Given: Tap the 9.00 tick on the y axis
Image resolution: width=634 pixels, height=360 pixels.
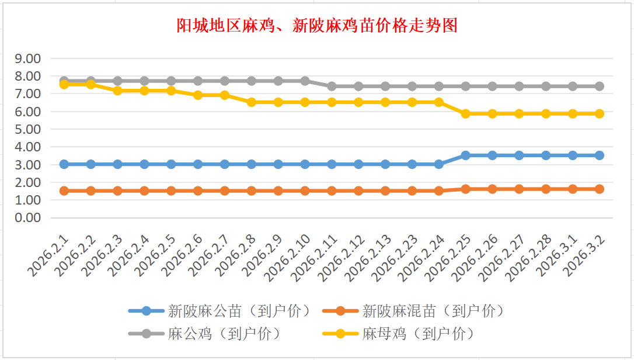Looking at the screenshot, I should click(x=28, y=58).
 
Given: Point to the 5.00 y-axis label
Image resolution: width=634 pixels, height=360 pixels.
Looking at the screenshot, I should click(x=28, y=129).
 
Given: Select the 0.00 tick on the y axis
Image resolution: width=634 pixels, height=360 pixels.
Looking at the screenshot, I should click(x=28, y=217).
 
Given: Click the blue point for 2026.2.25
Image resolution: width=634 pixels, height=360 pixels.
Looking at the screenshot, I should click(x=465, y=155).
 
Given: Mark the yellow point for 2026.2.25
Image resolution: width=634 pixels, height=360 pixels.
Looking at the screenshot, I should click(x=465, y=113).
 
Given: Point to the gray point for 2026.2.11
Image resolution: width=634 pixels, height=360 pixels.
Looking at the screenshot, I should click(x=332, y=86).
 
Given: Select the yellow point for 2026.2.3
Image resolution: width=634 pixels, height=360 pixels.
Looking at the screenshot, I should click(x=117, y=91).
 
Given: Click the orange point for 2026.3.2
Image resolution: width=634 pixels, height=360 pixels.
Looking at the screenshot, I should click(x=599, y=189).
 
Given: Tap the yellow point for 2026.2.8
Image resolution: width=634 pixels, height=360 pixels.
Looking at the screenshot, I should click(x=251, y=102).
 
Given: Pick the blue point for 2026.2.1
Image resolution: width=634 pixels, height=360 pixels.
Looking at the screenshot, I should click(x=64, y=164).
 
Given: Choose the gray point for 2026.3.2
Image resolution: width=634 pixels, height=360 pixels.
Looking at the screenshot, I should click(x=599, y=86).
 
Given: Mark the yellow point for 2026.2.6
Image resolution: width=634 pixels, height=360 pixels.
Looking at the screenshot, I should click(x=198, y=95).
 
